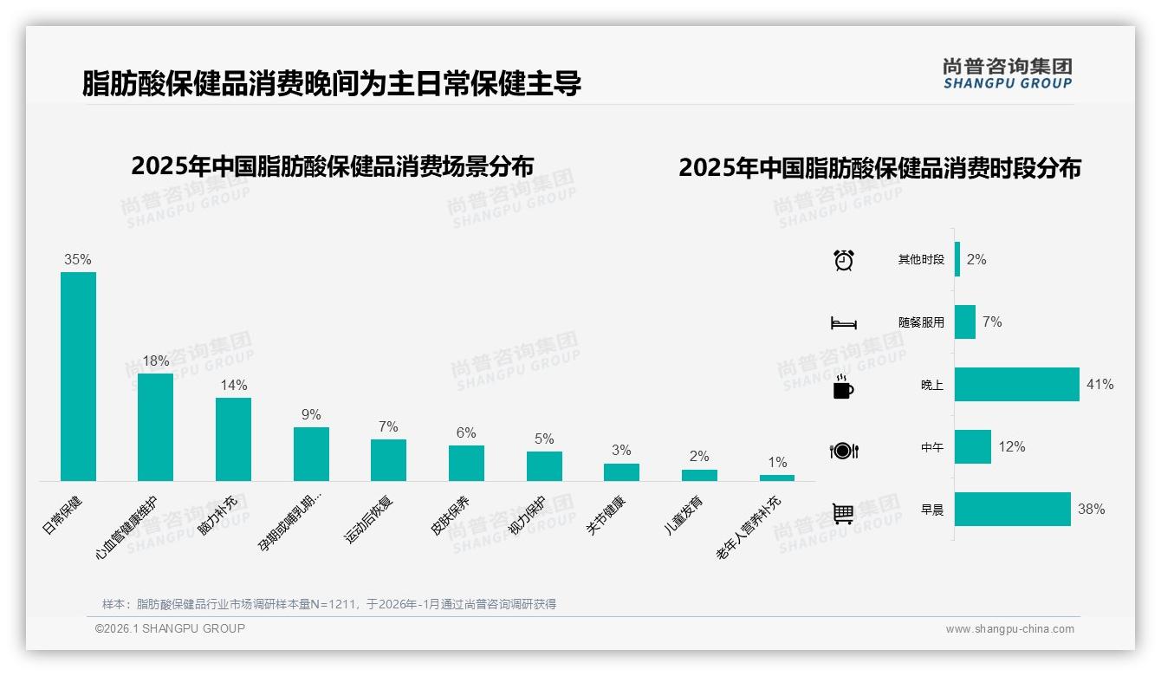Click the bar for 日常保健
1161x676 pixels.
pyautogui.click(x=78, y=376)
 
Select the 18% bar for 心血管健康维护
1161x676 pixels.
pyautogui.click(x=155, y=426)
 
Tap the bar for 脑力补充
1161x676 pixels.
pyautogui.click(x=233, y=439)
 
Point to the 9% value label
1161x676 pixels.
pyautogui.click(x=311, y=415)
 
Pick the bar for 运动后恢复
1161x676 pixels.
pyautogui.click(x=388, y=460)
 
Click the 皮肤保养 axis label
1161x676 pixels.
pyautogui.click(x=451, y=515)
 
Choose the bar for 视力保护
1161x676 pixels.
pyautogui.click(x=544, y=466)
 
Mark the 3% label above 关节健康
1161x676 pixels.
pyautogui.click(x=621, y=451)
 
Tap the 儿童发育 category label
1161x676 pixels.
pyautogui.click(x=684, y=515)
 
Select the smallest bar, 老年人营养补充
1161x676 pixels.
pyautogui.click(x=777, y=478)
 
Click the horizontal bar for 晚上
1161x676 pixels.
pyautogui.click(x=1017, y=384)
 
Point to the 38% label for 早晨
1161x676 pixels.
pyautogui.click(x=1091, y=510)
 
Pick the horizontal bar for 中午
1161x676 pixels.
pyautogui.click(x=973, y=447)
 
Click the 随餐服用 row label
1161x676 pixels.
pyautogui.click(x=921, y=322)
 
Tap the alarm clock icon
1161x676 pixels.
pyautogui.click(x=843, y=260)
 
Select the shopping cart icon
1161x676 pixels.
pyautogui.click(x=843, y=513)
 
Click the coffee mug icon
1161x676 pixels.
pyautogui.click(x=843, y=387)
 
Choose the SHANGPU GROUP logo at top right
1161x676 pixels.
pyautogui.click(x=1008, y=74)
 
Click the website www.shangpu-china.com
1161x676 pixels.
pyautogui.click(x=1009, y=629)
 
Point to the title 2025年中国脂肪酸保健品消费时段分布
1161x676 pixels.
pyautogui.click(x=879, y=168)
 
